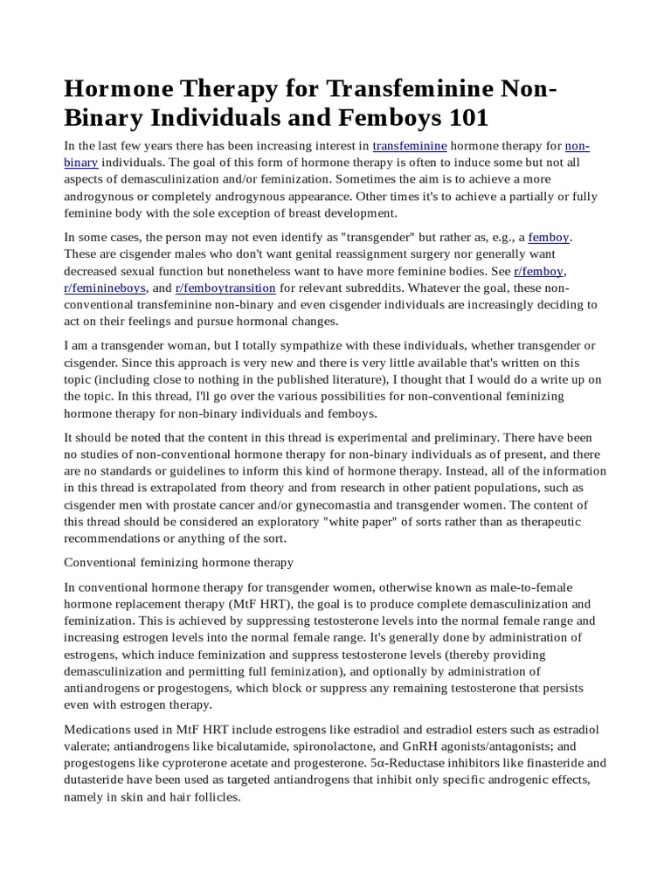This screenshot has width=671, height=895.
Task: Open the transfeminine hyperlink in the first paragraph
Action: click(410, 146)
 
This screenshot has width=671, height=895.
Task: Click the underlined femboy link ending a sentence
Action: click(549, 237)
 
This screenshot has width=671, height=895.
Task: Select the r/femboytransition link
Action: click(225, 288)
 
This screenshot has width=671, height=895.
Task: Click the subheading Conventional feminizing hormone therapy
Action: click(179, 561)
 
